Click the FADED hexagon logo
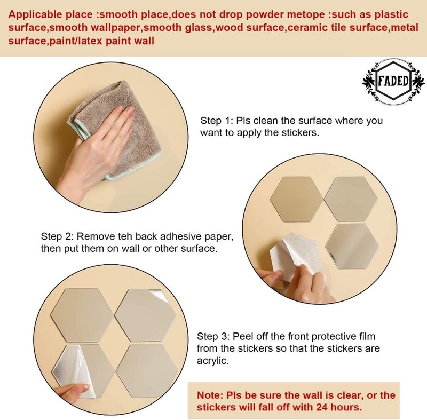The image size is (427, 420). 393,81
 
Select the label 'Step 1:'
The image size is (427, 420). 216,121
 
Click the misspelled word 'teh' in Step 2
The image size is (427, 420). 125,236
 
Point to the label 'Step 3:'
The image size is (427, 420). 213,336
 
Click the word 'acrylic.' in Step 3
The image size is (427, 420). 213,361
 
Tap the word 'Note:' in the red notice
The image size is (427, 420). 210,395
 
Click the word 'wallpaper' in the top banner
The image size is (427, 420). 113,28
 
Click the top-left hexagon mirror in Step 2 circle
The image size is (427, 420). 297,199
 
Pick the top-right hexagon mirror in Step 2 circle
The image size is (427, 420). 351,199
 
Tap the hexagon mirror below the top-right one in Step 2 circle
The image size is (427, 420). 352,247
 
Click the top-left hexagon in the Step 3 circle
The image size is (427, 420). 82,315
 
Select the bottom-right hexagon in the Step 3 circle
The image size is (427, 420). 147,371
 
